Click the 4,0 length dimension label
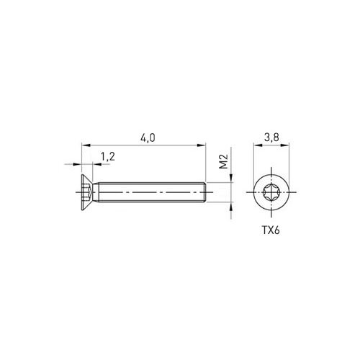pos(148,138)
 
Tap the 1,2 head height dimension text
pos(107,157)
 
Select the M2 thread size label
pos(223,161)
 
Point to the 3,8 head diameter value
pos(271,138)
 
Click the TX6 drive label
pos(271,230)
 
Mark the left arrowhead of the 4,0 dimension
pos(86,145)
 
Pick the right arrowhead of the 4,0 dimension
pos(202,145)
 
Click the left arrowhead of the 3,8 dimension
pos(258,145)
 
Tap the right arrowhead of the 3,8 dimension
pos(285,145)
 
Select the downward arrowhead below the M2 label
pos(231,178)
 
